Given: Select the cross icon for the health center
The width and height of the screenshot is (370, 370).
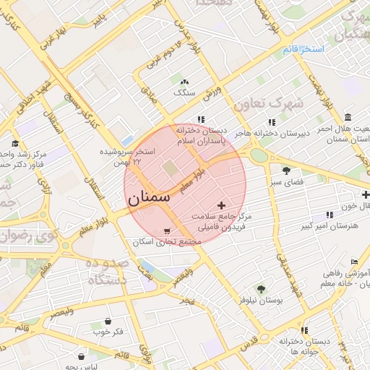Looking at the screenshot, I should [x=221, y=206].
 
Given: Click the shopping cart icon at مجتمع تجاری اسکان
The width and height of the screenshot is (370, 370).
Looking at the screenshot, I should [x=168, y=231].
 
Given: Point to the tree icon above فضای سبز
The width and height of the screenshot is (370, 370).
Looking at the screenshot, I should [x=286, y=171].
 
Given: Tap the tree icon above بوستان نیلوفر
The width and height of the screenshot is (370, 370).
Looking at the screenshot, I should [x=261, y=288].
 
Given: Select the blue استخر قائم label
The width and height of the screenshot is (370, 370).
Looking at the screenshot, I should [x=304, y=48].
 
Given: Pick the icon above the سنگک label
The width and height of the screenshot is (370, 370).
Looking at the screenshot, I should [x=185, y=82].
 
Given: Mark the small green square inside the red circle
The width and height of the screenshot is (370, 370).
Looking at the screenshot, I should [x=170, y=168].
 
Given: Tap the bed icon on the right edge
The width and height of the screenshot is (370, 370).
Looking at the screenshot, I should [x=353, y=262].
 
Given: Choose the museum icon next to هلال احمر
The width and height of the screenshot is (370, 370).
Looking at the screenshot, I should [x=348, y=118].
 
